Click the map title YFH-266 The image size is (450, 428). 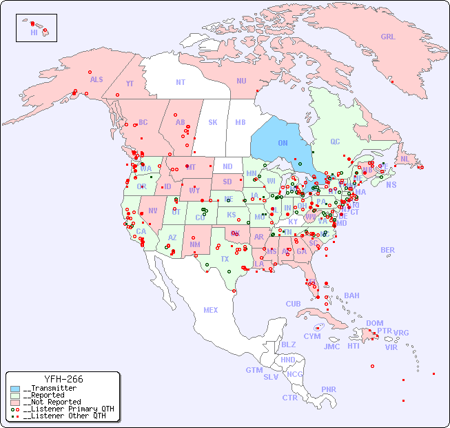tap(63, 379)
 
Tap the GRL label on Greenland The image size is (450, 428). tap(388, 37)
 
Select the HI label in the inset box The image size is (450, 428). tap(34, 32)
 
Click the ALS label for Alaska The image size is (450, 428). tap(96, 79)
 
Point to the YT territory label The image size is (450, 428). tap(130, 84)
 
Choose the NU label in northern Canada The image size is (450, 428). tap(241, 81)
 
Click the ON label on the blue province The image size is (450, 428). tap(283, 143)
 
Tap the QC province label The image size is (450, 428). tap(335, 142)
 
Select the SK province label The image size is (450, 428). tap(213, 122)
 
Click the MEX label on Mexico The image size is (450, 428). tap(211, 310)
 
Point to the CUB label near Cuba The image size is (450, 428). tap(293, 304)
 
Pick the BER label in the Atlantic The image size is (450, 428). tap(388, 250)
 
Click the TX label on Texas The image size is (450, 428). tap(225, 259)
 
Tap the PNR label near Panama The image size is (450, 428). tap(329, 389)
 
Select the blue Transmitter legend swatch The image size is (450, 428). tap(15, 389)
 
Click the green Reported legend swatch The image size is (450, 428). tap(15, 396)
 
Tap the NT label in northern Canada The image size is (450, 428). tap(181, 82)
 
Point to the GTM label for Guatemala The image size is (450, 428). tap(254, 370)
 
